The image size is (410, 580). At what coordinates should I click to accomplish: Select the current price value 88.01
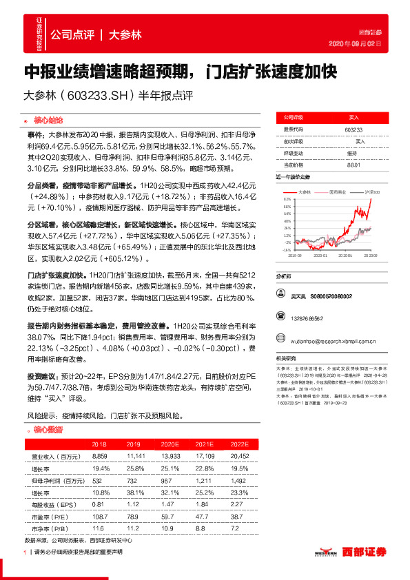click(353, 164)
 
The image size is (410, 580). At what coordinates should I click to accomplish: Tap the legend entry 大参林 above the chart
click(307, 192)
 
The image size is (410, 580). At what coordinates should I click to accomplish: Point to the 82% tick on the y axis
click(287, 199)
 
